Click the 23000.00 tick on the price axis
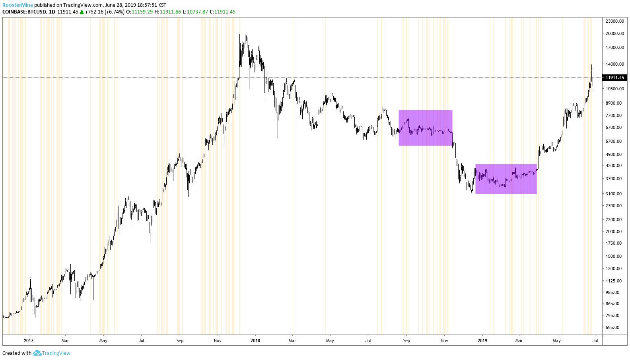[614, 21]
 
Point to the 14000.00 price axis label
[614, 64]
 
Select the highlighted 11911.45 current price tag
[615, 78]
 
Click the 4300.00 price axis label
[614, 165]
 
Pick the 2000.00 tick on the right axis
[614, 232]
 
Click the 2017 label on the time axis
[29, 341]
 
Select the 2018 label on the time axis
[255, 341]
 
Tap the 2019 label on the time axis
[482, 341]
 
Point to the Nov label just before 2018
[218, 341]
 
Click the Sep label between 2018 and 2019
[406, 341]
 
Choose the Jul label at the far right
[595, 341]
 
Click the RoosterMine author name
[17, 5]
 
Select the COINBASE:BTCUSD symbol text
[24, 12]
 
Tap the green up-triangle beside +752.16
[82, 12]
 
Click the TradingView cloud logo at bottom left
[37, 353]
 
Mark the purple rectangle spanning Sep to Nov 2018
[425, 128]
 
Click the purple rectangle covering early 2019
[506, 179]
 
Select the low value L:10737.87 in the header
[195, 12]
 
